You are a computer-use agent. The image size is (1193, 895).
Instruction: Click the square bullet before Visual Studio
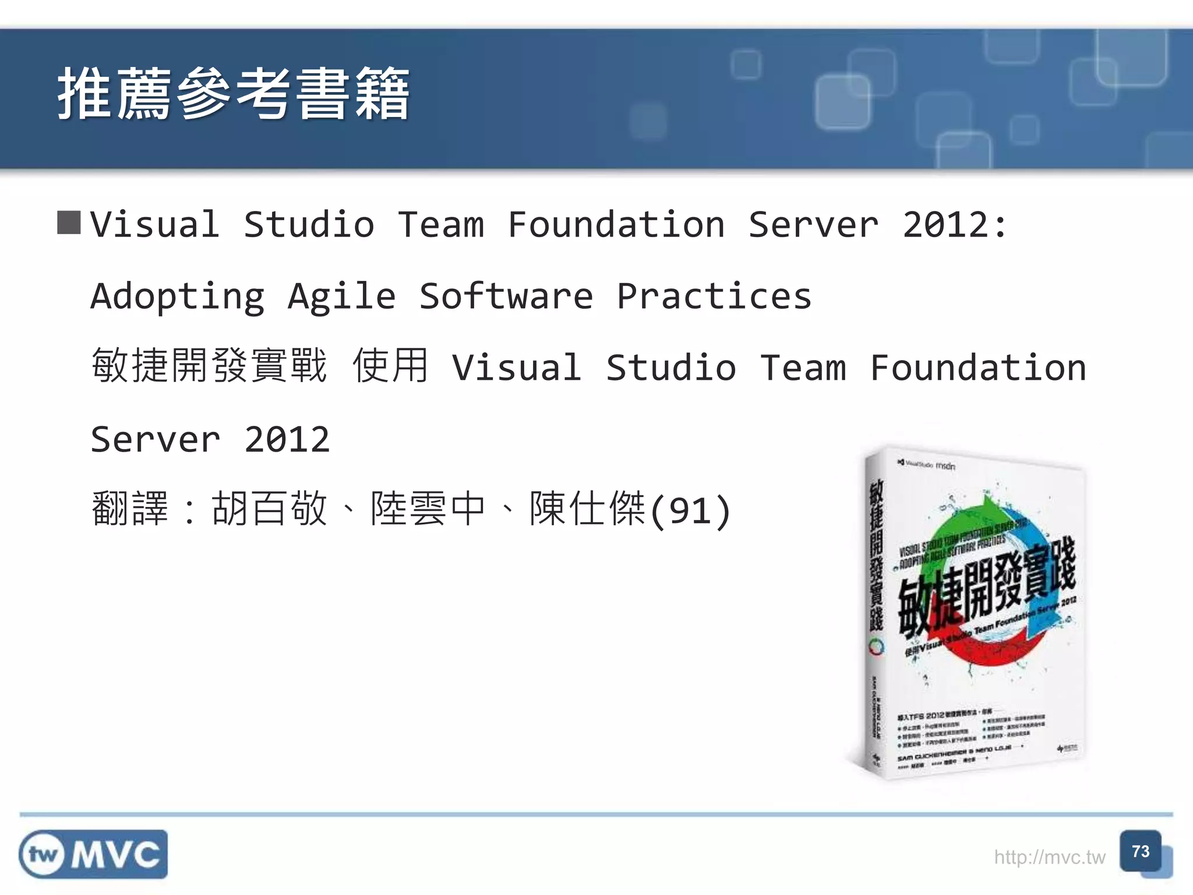(x=69, y=223)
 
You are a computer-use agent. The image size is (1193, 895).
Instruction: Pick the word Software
(x=506, y=296)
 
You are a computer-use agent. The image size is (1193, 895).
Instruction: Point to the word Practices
(x=714, y=296)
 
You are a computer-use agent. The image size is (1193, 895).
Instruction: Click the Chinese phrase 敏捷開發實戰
(x=209, y=366)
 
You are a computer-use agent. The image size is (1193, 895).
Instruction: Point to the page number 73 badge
(x=1140, y=852)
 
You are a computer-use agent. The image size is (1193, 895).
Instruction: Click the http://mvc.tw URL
(x=1049, y=857)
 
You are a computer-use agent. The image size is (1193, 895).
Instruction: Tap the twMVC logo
(x=93, y=854)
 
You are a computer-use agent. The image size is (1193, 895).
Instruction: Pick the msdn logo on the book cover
(x=945, y=466)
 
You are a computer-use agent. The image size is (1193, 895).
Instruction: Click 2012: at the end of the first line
(x=954, y=225)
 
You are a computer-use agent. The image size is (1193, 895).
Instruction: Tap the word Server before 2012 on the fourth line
(x=156, y=439)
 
